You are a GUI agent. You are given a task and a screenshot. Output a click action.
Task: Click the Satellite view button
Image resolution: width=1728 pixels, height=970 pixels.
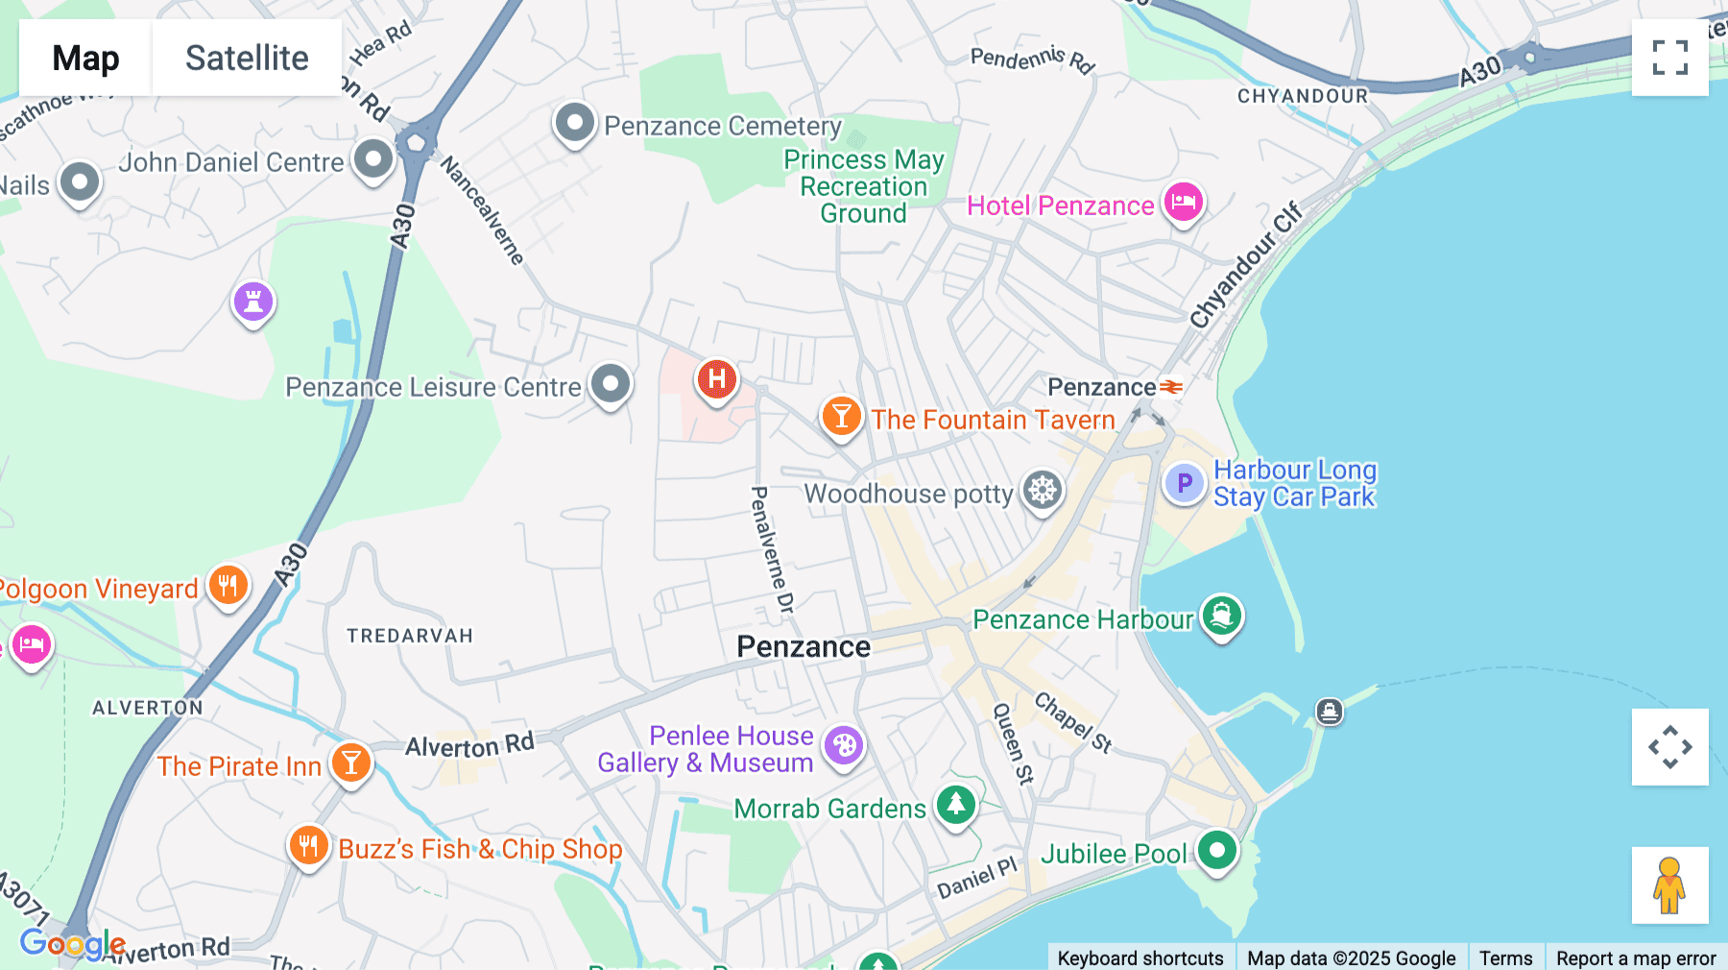coord(247,59)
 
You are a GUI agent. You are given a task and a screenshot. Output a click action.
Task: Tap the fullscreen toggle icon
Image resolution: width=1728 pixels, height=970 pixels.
coord(1669,58)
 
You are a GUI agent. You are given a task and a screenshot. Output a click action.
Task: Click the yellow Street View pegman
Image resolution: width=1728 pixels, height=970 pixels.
coord(1669,885)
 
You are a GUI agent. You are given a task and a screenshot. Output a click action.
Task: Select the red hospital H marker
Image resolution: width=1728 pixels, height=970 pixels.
coord(716,379)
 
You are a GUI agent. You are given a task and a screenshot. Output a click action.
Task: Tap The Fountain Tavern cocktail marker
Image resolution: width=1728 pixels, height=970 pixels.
coord(841,417)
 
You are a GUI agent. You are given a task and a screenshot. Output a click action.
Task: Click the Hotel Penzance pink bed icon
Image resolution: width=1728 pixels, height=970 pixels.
coord(1184,203)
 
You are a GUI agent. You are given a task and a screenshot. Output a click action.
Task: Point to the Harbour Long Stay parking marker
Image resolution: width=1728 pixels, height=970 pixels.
coord(1184,483)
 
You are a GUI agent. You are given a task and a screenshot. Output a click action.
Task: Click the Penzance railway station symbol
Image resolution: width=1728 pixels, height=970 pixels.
coord(1171,387)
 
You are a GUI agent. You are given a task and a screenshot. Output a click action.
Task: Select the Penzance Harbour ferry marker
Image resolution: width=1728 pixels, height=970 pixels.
coord(1221,616)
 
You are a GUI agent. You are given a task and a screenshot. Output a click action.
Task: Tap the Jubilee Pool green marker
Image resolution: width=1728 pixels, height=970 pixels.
coord(1217,850)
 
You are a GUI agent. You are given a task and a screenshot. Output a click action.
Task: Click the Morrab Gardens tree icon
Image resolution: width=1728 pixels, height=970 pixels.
coord(956,805)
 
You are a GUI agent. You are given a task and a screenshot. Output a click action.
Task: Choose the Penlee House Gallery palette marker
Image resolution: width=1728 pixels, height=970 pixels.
coord(844,745)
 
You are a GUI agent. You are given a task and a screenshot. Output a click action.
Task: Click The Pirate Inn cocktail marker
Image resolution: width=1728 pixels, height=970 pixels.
coord(351,764)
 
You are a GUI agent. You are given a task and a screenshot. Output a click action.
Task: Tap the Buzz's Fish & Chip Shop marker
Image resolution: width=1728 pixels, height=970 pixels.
coord(308,846)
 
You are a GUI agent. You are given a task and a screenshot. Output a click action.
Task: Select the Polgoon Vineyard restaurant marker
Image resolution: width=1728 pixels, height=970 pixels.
coord(228,585)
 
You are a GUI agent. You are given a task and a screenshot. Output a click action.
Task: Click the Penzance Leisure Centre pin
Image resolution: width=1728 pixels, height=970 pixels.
coord(611,384)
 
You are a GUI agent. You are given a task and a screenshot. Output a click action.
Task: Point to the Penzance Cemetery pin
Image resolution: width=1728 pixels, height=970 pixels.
coord(575,124)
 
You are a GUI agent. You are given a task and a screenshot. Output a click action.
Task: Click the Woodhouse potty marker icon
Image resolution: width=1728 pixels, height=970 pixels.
coord(1043,491)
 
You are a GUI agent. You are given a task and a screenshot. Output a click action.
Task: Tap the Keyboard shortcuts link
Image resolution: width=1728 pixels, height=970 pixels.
coord(1140,958)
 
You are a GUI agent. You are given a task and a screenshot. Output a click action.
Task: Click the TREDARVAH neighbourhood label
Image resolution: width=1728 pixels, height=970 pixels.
coord(410,636)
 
